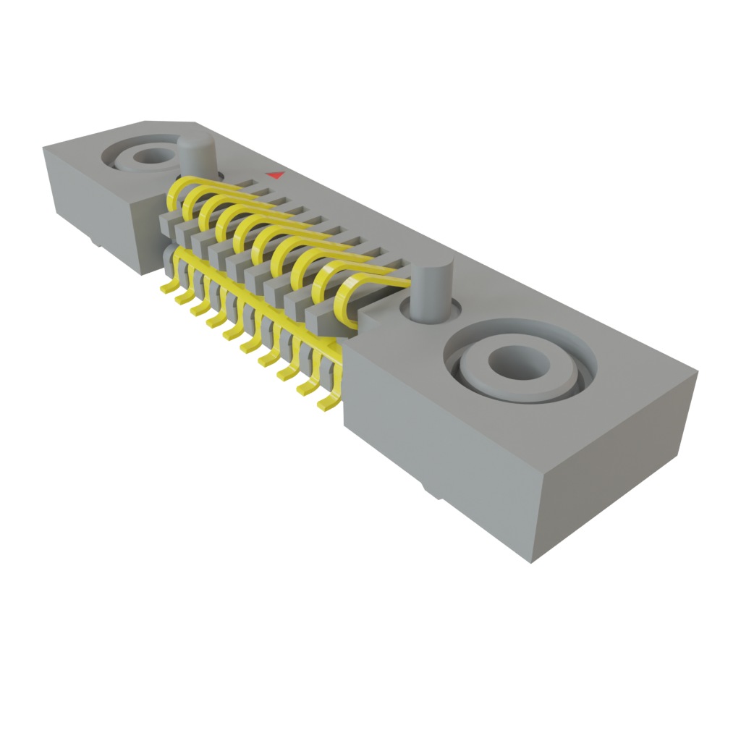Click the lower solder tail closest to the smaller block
click(168, 288)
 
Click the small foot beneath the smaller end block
click(94, 241)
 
